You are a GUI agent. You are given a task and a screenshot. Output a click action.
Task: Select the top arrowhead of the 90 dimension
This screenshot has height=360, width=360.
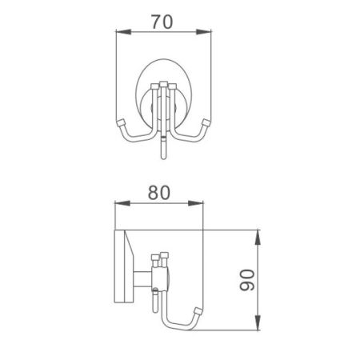(258, 234)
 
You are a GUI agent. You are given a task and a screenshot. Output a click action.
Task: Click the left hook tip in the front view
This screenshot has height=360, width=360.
(121, 122)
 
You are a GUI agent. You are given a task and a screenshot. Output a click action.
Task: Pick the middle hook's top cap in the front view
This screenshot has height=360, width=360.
(164, 85)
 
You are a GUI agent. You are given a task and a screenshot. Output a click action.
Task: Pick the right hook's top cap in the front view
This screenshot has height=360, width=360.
(173, 88)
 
